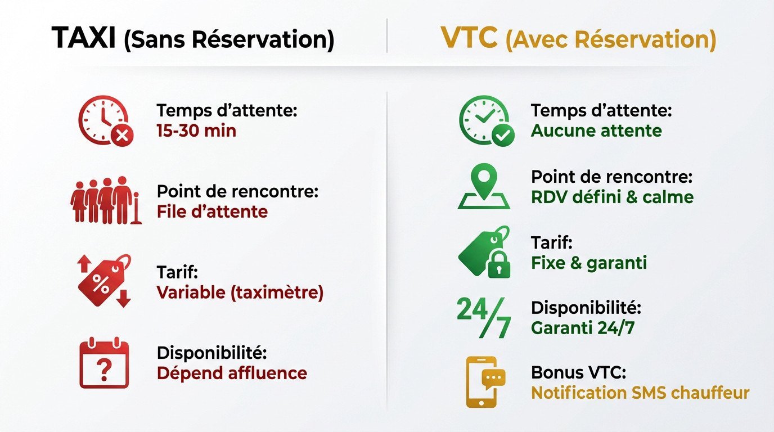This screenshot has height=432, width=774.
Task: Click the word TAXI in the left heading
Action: point(84,38)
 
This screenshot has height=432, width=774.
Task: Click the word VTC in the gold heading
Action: point(469,38)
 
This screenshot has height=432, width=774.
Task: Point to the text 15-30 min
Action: point(196,131)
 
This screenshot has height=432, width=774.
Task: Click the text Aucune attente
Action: point(596,131)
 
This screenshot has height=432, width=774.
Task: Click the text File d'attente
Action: point(212,211)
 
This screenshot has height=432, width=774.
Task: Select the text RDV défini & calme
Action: point(612,197)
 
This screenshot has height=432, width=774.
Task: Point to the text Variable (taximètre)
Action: point(240,292)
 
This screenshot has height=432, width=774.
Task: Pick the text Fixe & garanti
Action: point(589,263)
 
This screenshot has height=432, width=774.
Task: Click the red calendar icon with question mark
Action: point(105,362)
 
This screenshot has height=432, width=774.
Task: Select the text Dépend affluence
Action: point(232,373)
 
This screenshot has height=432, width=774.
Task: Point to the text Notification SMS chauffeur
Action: point(640,393)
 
